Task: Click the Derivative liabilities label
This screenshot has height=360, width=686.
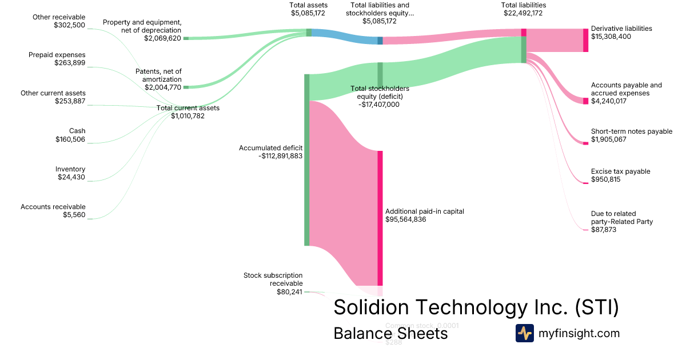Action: tap(621, 28)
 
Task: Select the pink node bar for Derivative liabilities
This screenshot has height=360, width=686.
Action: tap(585, 40)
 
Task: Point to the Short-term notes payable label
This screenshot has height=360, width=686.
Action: tap(632, 131)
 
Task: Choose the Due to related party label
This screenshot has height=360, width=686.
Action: tap(622, 218)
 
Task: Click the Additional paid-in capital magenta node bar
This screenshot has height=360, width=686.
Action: tap(380, 218)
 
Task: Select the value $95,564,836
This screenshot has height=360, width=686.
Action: tap(406, 219)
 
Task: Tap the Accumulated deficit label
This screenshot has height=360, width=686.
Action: tap(270, 147)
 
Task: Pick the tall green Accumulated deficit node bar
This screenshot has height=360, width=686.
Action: tap(307, 160)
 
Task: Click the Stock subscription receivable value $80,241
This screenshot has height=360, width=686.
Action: tap(289, 291)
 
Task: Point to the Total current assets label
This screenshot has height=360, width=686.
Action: tap(188, 107)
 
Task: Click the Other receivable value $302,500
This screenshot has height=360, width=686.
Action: tap(70, 25)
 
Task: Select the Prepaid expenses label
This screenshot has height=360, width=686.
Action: tap(57, 55)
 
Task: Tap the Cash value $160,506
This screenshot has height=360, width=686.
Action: tap(70, 139)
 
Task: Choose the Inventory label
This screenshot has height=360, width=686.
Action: tap(70, 169)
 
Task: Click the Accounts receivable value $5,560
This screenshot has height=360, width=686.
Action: tap(74, 215)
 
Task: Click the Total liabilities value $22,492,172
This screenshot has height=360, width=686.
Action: tap(523, 13)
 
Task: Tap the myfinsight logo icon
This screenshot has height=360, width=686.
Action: tap(524, 333)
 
